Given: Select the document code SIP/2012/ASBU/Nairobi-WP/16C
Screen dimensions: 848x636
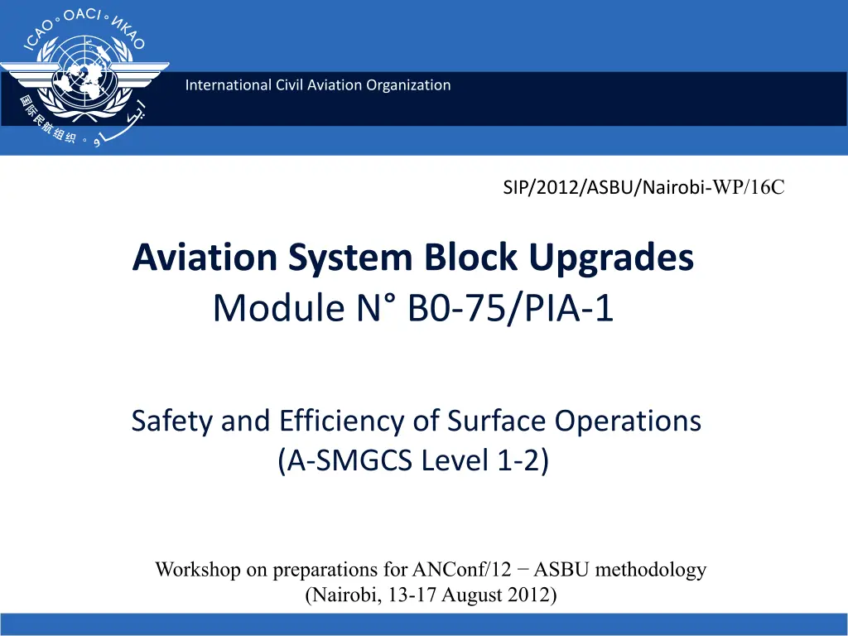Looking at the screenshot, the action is pos(643,187).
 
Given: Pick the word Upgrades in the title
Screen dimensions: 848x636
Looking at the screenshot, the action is pos(611,258).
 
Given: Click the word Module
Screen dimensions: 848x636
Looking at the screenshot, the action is pos(279,307).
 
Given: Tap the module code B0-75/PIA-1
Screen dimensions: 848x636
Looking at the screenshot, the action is pos(510,308).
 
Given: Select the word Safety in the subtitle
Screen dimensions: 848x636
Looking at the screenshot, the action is pos(172,422).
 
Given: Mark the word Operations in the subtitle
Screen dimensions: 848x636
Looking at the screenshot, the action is pos(628,422).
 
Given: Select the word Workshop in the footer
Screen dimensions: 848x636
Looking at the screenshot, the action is pos(198,570).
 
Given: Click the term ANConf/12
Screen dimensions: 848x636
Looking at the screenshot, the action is pos(461,569).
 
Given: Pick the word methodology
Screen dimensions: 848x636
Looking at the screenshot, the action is pos(651,570).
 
